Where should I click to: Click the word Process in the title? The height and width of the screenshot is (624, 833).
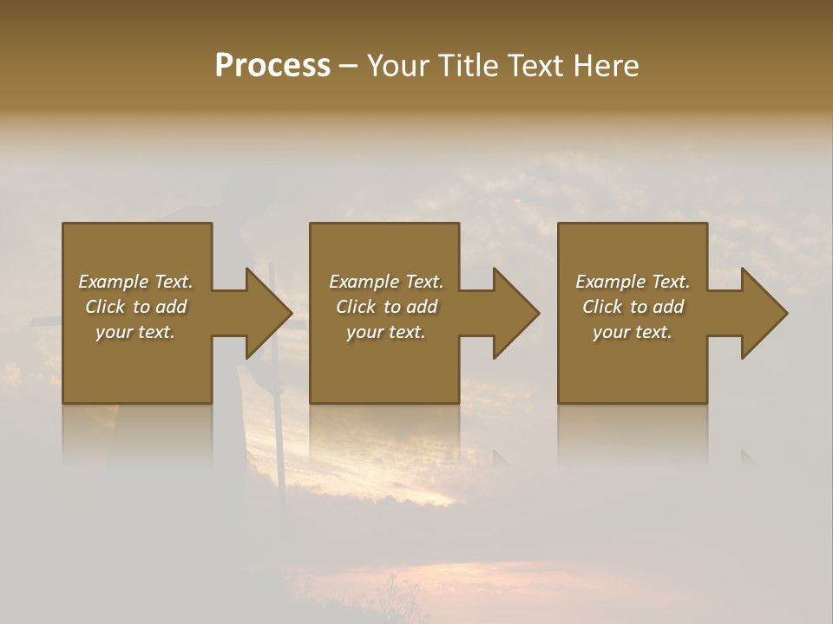coord(272,66)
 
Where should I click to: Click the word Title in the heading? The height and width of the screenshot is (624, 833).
coord(469,66)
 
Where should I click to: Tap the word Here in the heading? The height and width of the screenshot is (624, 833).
coord(607,66)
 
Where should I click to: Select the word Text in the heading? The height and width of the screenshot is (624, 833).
coord(536,66)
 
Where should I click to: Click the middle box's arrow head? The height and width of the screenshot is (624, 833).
coord(515,313)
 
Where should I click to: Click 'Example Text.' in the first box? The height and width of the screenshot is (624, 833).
coord(135,282)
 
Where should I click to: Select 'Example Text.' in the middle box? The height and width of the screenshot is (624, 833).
coord(386,282)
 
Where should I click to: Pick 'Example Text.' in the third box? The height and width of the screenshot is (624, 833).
coord(633,282)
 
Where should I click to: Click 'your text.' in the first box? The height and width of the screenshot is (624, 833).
coord(135,332)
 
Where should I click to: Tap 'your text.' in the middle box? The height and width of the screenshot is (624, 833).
coord(386,332)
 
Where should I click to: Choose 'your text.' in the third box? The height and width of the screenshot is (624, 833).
coord(633,332)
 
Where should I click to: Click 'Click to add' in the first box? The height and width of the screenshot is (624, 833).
coord(135,307)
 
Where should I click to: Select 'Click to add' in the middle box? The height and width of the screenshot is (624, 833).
coord(386,307)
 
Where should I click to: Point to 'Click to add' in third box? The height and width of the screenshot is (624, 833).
coord(633,307)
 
